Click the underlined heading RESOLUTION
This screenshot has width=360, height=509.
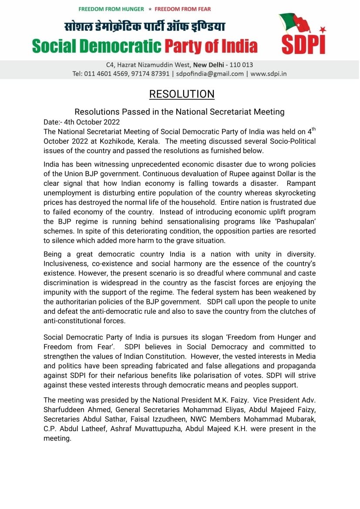click(182, 94)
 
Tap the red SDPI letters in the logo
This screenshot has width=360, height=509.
click(303, 44)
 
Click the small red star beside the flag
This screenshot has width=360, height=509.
click(323, 30)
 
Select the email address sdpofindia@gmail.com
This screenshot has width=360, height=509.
click(210, 74)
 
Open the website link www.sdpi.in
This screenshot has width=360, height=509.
click(268, 74)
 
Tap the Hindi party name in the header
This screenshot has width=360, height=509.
click(145, 27)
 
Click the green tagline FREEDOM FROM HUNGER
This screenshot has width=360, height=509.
click(111, 9)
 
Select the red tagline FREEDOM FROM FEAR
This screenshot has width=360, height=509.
click(182, 9)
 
